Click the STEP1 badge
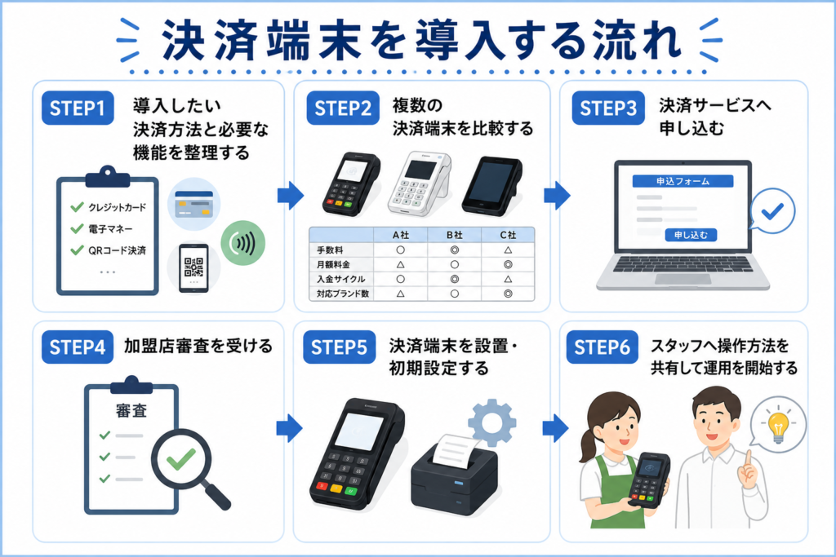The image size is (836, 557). pos(78,108)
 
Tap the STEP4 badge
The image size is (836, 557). pos(78,347)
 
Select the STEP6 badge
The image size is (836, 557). pos(602,347)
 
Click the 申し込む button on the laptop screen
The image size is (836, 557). pos(691,235)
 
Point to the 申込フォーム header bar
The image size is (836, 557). pos(683,181)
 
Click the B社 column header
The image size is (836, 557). pos(454,235)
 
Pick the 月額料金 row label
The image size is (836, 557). pos(333,264)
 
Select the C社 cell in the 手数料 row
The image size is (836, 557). pos(508,250)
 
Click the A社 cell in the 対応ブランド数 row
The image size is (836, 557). pos(400,294)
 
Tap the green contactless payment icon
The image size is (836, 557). pos(242,243)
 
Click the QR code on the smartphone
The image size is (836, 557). pos(193,267)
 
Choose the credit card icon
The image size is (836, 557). pos(194,203)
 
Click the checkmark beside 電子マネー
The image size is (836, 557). pos(78,228)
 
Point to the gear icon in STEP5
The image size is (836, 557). pos(491,422)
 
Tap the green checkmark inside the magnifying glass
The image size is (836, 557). pos(180,458)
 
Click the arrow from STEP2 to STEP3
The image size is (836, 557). pos(557,196)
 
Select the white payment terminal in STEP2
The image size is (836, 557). pos(419,183)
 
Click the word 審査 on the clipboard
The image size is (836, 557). pos(131,410)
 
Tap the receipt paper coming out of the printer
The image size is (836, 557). pos(454,449)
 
